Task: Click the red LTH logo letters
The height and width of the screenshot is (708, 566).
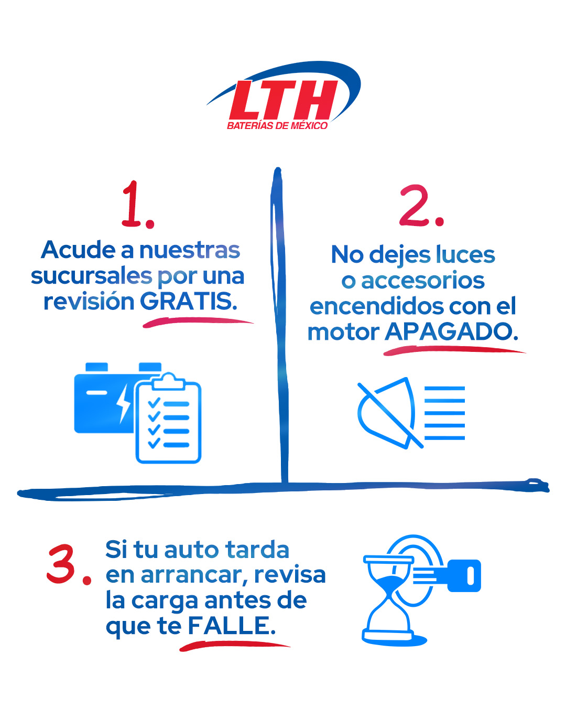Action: coord(283,100)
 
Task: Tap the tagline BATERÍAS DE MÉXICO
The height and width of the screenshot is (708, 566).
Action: coord(277,126)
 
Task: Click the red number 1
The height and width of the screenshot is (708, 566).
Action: coord(137,205)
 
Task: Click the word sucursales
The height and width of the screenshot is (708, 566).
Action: coord(91,276)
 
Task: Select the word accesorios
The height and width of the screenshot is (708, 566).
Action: coord(422,281)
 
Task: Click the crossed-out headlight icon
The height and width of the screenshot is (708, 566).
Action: coord(411,413)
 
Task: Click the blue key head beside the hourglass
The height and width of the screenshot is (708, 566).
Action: coord(464,576)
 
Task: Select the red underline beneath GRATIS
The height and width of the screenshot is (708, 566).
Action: coord(198,322)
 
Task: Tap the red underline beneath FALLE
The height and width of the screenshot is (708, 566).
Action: coord(234,646)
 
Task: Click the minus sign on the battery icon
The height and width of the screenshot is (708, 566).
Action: coord(96,392)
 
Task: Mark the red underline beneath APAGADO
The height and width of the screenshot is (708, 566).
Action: coord(454,350)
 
